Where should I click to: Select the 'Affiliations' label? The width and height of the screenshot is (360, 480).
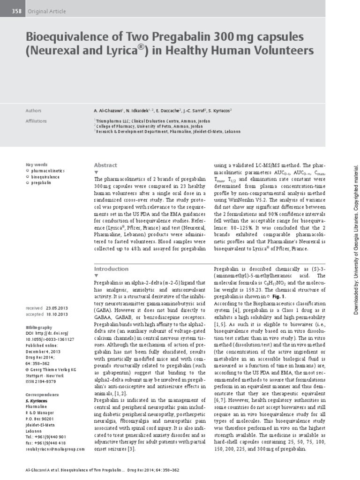click(36, 121)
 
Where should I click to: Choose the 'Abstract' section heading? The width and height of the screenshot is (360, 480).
click(105, 165)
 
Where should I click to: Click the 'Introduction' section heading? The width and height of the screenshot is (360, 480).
click(111, 269)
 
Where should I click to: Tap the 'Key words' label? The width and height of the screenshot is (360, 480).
click(36, 165)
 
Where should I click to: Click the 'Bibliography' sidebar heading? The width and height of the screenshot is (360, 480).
click(39, 327)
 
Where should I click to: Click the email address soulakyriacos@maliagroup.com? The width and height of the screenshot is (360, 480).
click(55, 449)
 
